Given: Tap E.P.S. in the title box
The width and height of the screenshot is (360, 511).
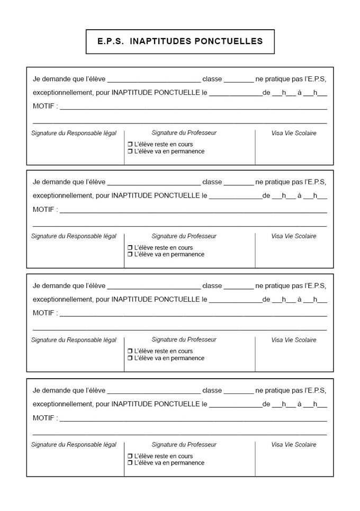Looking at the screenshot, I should [x=111, y=41].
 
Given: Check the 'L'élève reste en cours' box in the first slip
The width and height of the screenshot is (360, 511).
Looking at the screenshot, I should [x=130, y=145].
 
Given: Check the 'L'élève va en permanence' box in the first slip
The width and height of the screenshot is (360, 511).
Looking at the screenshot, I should [x=130, y=151].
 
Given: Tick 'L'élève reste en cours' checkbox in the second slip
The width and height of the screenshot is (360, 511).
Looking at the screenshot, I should [x=130, y=248].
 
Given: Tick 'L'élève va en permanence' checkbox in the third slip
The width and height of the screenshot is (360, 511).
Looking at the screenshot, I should [x=130, y=358].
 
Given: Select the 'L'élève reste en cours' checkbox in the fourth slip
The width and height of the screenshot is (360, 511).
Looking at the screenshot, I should [x=130, y=456].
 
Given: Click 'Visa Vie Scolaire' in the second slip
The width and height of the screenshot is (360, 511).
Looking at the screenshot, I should [x=294, y=236].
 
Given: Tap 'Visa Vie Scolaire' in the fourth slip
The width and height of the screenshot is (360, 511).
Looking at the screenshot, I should [x=294, y=445].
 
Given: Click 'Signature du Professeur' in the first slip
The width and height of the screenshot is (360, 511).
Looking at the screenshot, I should [x=184, y=133].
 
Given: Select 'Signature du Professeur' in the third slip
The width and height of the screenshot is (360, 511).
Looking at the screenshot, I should [x=184, y=339].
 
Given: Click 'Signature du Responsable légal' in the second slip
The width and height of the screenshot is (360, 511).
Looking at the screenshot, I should [x=74, y=236].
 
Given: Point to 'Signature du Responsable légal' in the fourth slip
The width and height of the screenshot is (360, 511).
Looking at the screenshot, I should [x=74, y=445].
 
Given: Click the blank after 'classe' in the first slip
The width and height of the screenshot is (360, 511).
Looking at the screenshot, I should [x=239, y=79].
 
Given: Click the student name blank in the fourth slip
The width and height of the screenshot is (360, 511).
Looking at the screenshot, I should [x=154, y=391].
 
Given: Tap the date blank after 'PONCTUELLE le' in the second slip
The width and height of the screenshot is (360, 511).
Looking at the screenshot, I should [x=236, y=196].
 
